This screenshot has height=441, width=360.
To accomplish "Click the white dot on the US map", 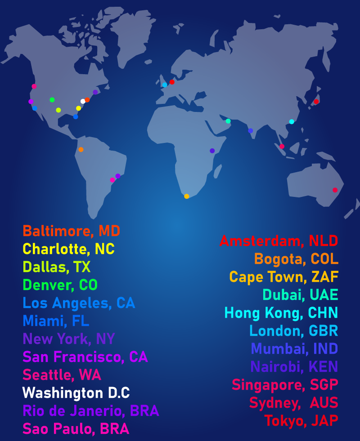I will pyautogui.click(x=83, y=101).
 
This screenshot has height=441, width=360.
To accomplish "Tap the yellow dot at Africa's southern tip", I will pyautogui.click(x=186, y=196).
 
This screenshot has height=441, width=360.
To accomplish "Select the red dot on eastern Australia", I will pyautogui.click(x=335, y=190).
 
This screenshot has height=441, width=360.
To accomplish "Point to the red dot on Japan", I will pyautogui.click(x=316, y=102).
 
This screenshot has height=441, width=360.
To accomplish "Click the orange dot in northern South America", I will pyautogui.click(x=81, y=149).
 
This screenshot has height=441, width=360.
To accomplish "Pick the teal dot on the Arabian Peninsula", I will pyautogui.click(x=228, y=121).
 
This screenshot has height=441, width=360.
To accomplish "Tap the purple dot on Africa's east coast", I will pyautogui.click(x=212, y=151).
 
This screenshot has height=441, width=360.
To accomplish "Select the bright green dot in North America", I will pyautogui.click(x=52, y=100).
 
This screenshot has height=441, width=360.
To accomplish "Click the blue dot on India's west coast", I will pyautogui.click(x=251, y=131).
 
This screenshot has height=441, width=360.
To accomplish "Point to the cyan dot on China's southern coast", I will pyautogui.click(x=292, y=121).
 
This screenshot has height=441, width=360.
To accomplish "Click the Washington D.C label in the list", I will pyautogui.click(x=76, y=393).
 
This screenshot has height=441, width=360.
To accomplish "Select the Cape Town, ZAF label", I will pyautogui.click(x=283, y=276).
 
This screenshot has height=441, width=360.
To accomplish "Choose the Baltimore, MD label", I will pyautogui.click(x=71, y=231).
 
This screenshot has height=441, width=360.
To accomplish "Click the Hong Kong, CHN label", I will pyautogui.click(x=281, y=312).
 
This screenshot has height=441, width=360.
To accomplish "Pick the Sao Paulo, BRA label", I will pyautogui.click(x=76, y=429).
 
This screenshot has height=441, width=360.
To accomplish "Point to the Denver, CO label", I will pyautogui.click(x=60, y=285).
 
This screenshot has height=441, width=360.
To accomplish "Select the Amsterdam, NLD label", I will pyautogui.click(x=279, y=241).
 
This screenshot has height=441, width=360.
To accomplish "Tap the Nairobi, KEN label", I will pyautogui.click(x=294, y=367).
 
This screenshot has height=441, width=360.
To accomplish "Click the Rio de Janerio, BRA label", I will pyautogui.click(x=90, y=411).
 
